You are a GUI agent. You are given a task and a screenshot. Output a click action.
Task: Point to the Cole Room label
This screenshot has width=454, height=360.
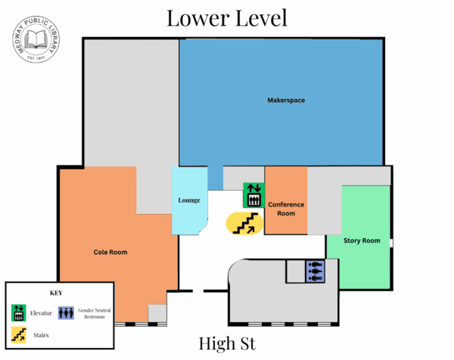point(110,252)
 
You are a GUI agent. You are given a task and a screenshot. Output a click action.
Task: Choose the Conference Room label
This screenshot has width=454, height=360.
point(286,208)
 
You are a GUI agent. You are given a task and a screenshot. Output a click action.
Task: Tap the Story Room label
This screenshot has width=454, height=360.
point(361,241)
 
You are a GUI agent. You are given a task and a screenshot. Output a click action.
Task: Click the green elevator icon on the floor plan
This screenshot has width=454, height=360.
point(253,195)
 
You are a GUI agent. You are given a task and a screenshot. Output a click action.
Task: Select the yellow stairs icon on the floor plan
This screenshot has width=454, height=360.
point(244,223)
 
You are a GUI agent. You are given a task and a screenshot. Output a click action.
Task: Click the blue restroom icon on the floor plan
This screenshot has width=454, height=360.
point(315,271)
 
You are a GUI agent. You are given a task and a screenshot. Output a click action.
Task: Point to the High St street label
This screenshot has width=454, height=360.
point(227,344)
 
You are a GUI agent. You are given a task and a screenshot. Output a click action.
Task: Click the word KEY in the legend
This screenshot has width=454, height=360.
point(57,292)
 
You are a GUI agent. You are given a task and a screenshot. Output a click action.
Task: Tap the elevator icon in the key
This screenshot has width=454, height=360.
point(18,312)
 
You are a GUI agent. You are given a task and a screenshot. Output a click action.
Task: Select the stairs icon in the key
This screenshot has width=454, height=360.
point(18,333)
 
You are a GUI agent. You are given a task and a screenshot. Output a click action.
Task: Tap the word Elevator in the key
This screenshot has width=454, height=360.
point(42,312)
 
